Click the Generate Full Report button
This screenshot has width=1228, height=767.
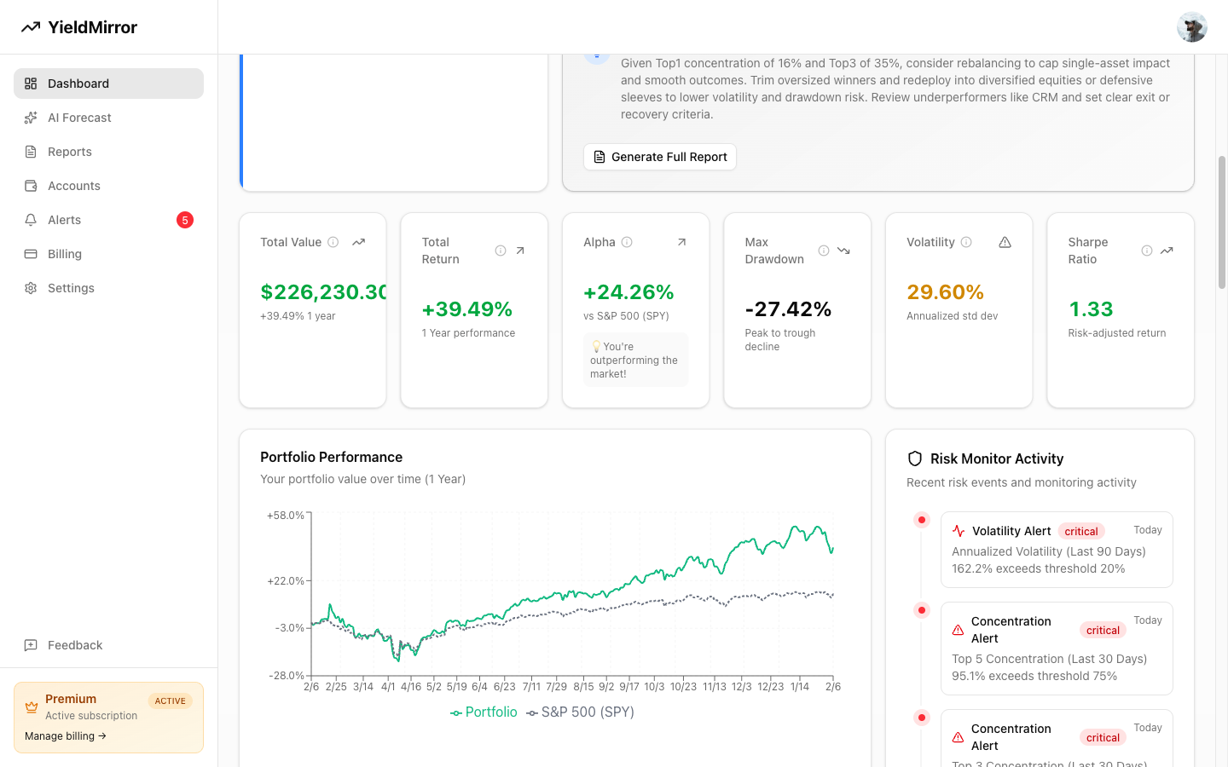click(x=660, y=157)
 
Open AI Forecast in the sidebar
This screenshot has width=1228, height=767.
click(x=79, y=118)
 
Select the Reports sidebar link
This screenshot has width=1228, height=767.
click(x=70, y=152)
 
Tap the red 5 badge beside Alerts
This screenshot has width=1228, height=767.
click(x=185, y=220)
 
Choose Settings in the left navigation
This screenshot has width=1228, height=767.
click(x=71, y=288)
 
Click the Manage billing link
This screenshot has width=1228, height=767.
click(x=66, y=736)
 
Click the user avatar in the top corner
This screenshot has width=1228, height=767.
click(x=1191, y=27)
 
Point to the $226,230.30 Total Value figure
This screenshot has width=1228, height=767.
click(x=323, y=292)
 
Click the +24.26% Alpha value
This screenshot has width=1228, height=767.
click(x=628, y=292)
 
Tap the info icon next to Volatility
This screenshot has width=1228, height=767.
click(x=966, y=242)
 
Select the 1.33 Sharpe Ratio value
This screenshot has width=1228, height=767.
click(x=1091, y=309)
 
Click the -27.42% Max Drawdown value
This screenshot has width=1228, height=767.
click(x=788, y=309)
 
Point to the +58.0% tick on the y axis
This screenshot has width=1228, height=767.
click(x=285, y=516)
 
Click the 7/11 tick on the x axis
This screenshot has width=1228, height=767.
click(x=531, y=687)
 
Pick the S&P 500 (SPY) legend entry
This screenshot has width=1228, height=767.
click(x=581, y=712)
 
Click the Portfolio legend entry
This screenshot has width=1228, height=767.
click(x=484, y=712)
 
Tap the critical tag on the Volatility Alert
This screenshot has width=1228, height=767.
click(x=1081, y=532)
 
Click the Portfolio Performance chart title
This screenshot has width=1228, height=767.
click(x=331, y=458)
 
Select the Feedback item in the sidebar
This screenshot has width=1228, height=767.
click(x=75, y=645)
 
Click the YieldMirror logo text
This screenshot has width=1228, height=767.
click(x=92, y=27)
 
